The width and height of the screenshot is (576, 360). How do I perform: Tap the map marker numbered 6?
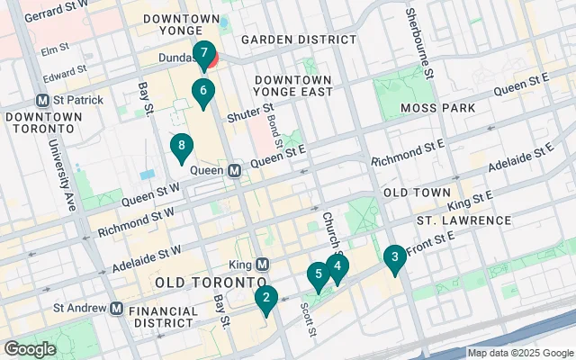tap(203, 92)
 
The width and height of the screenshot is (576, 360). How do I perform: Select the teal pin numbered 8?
tap(183, 146)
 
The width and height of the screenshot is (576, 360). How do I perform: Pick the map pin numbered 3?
tap(393, 259)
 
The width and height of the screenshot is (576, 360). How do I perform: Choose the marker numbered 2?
tap(265, 298)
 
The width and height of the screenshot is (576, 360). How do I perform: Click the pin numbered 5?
tap(316, 275)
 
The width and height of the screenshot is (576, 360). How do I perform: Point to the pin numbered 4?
tap(337, 266)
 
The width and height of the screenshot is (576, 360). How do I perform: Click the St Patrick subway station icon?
tap(41, 100)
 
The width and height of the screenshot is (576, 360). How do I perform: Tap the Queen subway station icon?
tap(234, 170)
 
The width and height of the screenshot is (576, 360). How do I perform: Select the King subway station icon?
tap(262, 265)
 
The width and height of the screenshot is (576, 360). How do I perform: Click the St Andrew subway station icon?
tap(116, 308)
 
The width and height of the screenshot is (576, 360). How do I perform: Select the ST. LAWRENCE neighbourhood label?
tap(463, 220)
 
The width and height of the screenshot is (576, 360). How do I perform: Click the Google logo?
tap(30, 349)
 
